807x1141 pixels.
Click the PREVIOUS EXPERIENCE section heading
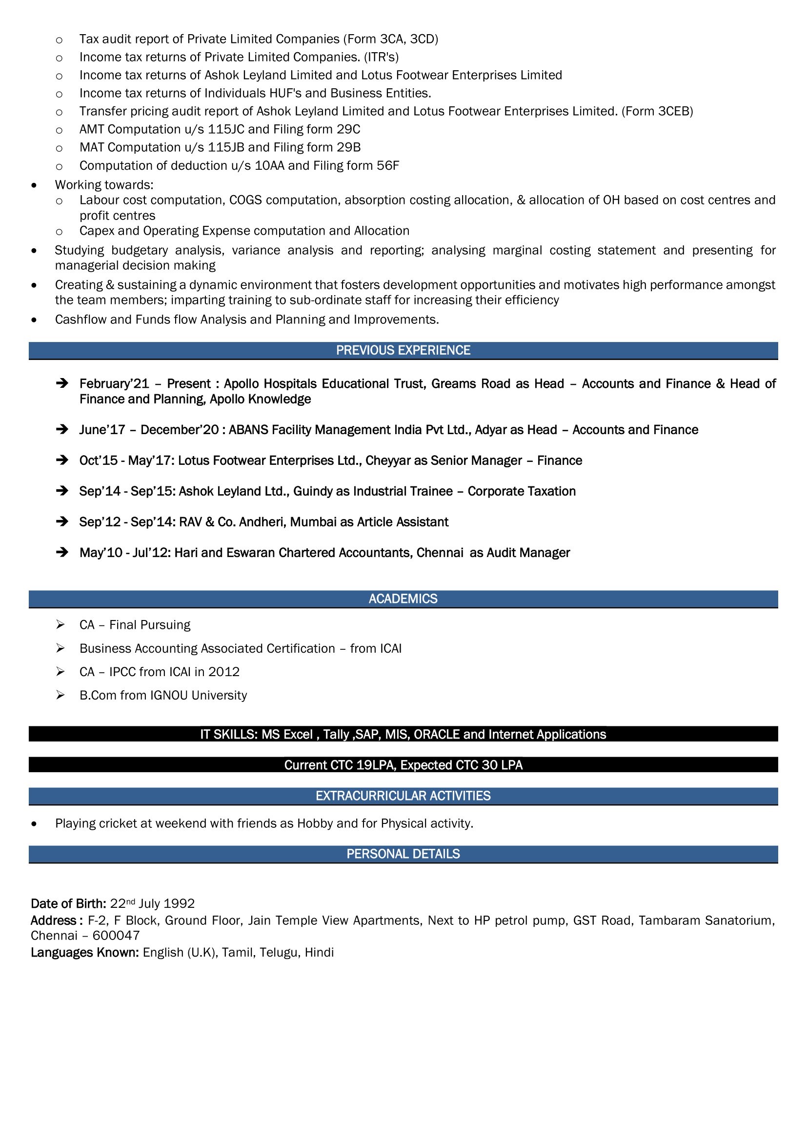pos(403,350)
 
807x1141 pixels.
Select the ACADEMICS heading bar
pos(403,599)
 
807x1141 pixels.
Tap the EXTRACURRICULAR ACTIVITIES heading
pos(403,796)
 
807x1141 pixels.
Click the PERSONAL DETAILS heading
pos(403,854)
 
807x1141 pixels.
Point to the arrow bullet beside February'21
pos(62,383)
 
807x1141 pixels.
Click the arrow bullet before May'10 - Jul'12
pos(62,552)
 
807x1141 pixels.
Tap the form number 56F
pos(387,165)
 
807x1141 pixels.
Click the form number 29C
pos(348,129)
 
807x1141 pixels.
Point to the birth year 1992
pos(179,903)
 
